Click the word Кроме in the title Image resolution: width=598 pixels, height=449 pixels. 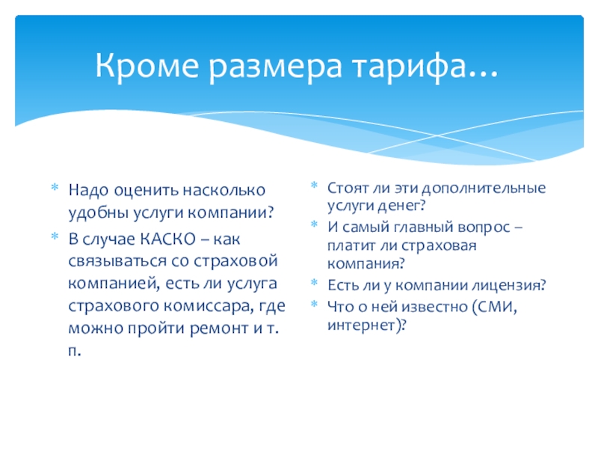click(x=147, y=66)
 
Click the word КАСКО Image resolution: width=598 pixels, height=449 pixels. click(x=167, y=239)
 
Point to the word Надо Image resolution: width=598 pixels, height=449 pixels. click(x=88, y=191)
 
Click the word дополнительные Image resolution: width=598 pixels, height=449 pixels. click(x=484, y=189)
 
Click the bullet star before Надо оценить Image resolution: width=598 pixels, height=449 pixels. click(x=55, y=188)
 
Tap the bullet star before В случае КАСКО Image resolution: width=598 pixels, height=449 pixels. click(x=55, y=236)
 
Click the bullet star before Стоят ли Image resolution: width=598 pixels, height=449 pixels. click(x=314, y=186)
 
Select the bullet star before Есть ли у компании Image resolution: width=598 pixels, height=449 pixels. click(x=314, y=283)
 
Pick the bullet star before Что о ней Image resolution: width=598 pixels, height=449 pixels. click(x=314, y=305)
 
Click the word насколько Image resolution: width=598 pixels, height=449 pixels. click(x=224, y=190)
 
